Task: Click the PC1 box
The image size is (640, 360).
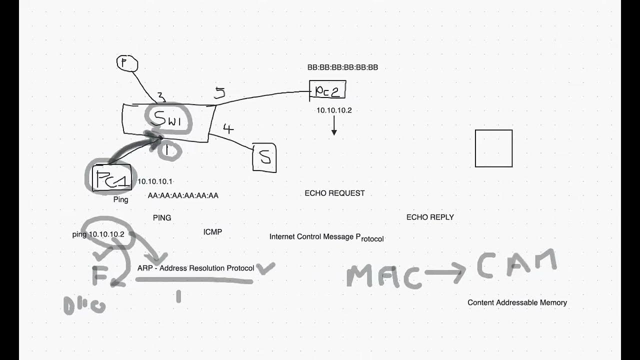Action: (x=112, y=178)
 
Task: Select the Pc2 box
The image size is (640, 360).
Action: (x=327, y=90)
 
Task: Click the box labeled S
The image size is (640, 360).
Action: (x=264, y=158)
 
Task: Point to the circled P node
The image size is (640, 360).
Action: (x=127, y=63)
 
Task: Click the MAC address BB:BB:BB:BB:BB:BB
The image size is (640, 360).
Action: (x=342, y=67)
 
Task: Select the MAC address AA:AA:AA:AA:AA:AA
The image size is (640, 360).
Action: (x=183, y=195)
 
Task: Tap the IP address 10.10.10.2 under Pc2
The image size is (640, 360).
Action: (x=334, y=110)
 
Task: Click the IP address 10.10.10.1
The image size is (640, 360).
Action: (x=155, y=181)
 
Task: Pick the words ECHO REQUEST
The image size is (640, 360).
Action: (x=334, y=193)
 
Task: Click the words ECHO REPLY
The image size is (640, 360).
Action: (x=430, y=217)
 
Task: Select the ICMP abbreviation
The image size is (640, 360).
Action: (x=212, y=232)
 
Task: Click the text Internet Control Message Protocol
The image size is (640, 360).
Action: (x=326, y=237)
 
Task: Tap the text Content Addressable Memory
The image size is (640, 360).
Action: (x=517, y=302)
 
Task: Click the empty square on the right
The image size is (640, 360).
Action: (x=493, y=148)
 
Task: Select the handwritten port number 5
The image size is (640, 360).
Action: (x=220, y=92)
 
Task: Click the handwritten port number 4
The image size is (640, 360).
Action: (x=228, y=129)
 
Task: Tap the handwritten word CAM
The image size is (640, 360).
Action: (x=516, y=265)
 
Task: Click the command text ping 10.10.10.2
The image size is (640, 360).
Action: (x=98, y=234)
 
